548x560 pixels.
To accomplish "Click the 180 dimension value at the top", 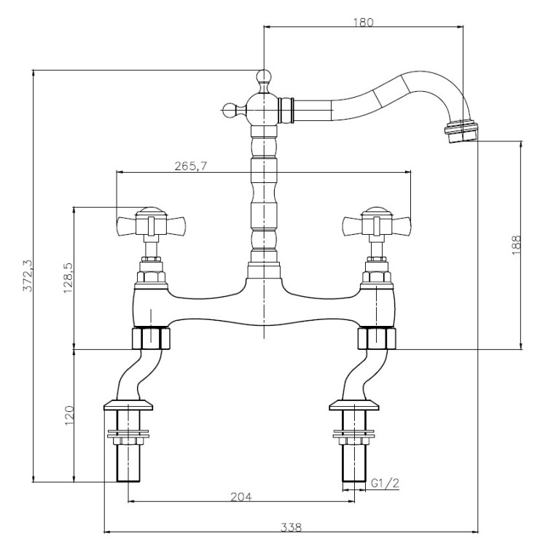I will click(363, 22).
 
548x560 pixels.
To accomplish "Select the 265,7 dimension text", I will click(192, 166).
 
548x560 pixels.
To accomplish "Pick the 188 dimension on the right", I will click(516, 244).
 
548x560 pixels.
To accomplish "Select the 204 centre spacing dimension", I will click(241, 497).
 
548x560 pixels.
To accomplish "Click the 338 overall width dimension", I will click(291, 526).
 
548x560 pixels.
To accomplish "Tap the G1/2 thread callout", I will click(385, 483).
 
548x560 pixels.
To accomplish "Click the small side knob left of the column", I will click(231, 111).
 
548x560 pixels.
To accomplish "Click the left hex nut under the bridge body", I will click(149, 338).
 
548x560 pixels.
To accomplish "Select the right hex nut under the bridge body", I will click(376, 338).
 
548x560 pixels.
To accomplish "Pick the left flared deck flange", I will click(130, 405).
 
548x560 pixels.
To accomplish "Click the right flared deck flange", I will click(355, 405).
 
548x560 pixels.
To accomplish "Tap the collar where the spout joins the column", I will click(286, 110).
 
